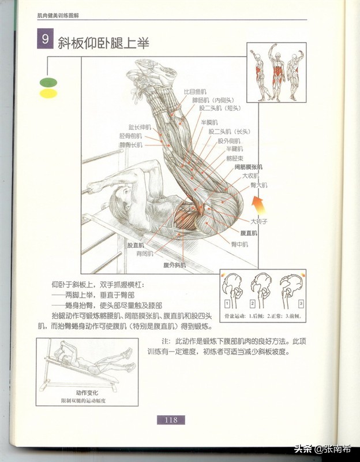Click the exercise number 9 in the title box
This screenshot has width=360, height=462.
(x=45, y=41)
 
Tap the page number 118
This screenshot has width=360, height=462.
(x=171, y=420)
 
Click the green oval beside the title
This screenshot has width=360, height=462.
(x=48, y=83)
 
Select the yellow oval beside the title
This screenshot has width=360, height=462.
(x=48, y=93)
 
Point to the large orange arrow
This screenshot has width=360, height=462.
(x=258, y=203)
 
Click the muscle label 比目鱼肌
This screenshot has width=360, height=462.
(x=194, y=91)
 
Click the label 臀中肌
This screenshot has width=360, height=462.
(x=239, y=244)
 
